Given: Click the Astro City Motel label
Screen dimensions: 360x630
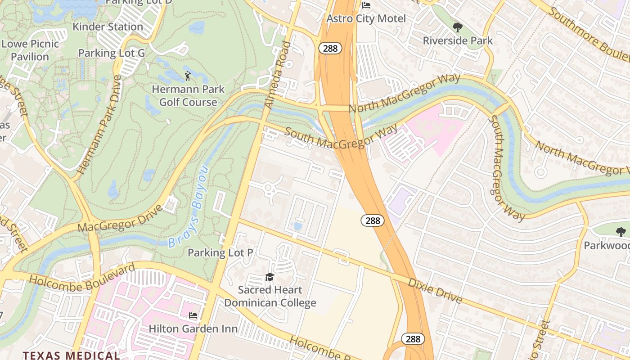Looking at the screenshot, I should [366, 18].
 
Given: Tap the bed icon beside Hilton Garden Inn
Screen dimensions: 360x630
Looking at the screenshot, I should [193, 315].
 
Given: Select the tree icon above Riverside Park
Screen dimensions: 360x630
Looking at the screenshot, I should [458, 27].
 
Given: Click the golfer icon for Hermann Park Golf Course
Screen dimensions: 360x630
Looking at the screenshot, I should [188, 76].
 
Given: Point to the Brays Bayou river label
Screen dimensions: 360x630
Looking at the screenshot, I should [189, 207].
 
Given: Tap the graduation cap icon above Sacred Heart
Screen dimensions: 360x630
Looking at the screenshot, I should [270, 277].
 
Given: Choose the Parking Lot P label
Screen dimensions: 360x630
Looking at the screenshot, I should [220, 252].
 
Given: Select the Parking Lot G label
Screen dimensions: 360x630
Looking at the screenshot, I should [112, 53].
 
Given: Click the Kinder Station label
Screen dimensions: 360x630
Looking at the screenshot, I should [108, 27].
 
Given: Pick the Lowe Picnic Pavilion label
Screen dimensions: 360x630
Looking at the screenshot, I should [30, 50].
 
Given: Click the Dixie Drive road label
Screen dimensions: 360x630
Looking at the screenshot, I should [435, 291].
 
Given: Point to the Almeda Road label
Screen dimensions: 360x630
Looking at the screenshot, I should [276, 75].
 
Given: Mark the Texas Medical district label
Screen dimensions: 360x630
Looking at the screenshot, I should [71, 355].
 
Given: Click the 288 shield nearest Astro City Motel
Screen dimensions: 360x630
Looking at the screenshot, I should [330, 48].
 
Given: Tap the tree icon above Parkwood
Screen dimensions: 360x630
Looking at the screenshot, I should [621, 232].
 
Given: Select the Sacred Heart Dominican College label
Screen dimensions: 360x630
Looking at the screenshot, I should [270, 296].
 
